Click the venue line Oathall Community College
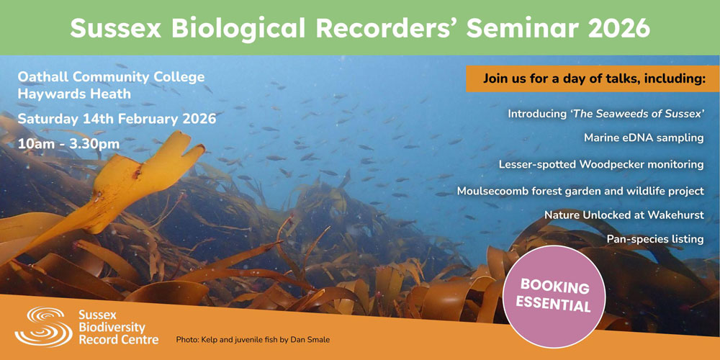pos(111,77)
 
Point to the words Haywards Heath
pos(74,94)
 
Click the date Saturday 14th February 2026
pos(117,119)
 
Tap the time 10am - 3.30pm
pos(68,143)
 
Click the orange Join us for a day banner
pos(592,79)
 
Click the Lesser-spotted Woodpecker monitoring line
pos(601,164)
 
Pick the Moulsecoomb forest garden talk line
pos(580,191)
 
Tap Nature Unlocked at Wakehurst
pos(624,215)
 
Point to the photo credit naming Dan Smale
pos(253,339)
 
